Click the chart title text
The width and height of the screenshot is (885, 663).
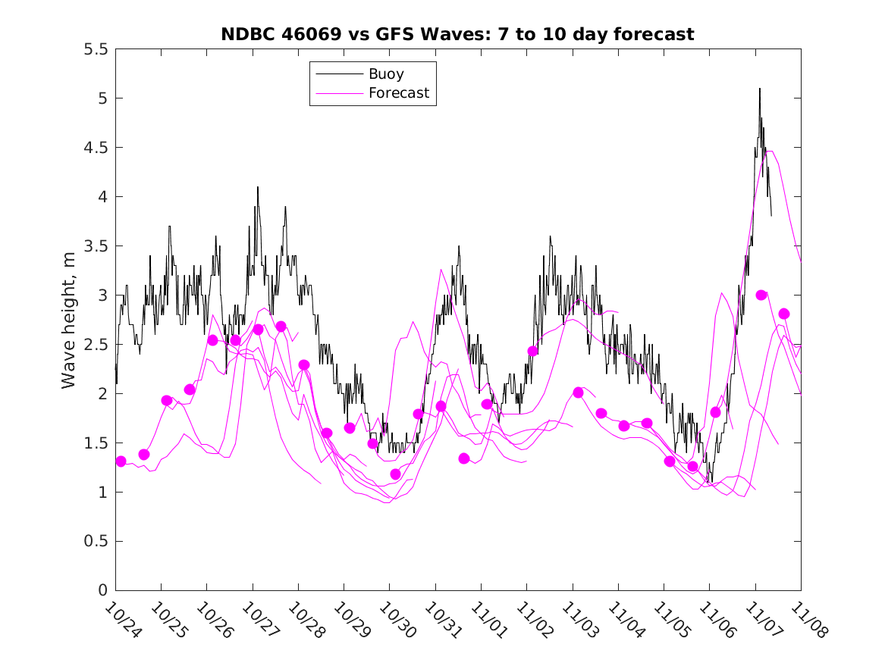(x=457, y=34)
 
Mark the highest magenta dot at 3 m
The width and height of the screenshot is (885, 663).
(x=761, y=295)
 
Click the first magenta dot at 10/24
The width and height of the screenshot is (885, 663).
(x=121, y=461)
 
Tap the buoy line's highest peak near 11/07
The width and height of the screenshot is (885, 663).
(x=759, y=89)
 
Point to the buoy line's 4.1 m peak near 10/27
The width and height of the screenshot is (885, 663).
(x=258, y=187)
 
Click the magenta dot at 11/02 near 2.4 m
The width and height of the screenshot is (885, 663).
(x=533, y=351)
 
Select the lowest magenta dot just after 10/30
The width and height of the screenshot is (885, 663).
(x=395, y=474)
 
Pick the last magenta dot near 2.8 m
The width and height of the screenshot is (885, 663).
(x=784, y=314)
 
